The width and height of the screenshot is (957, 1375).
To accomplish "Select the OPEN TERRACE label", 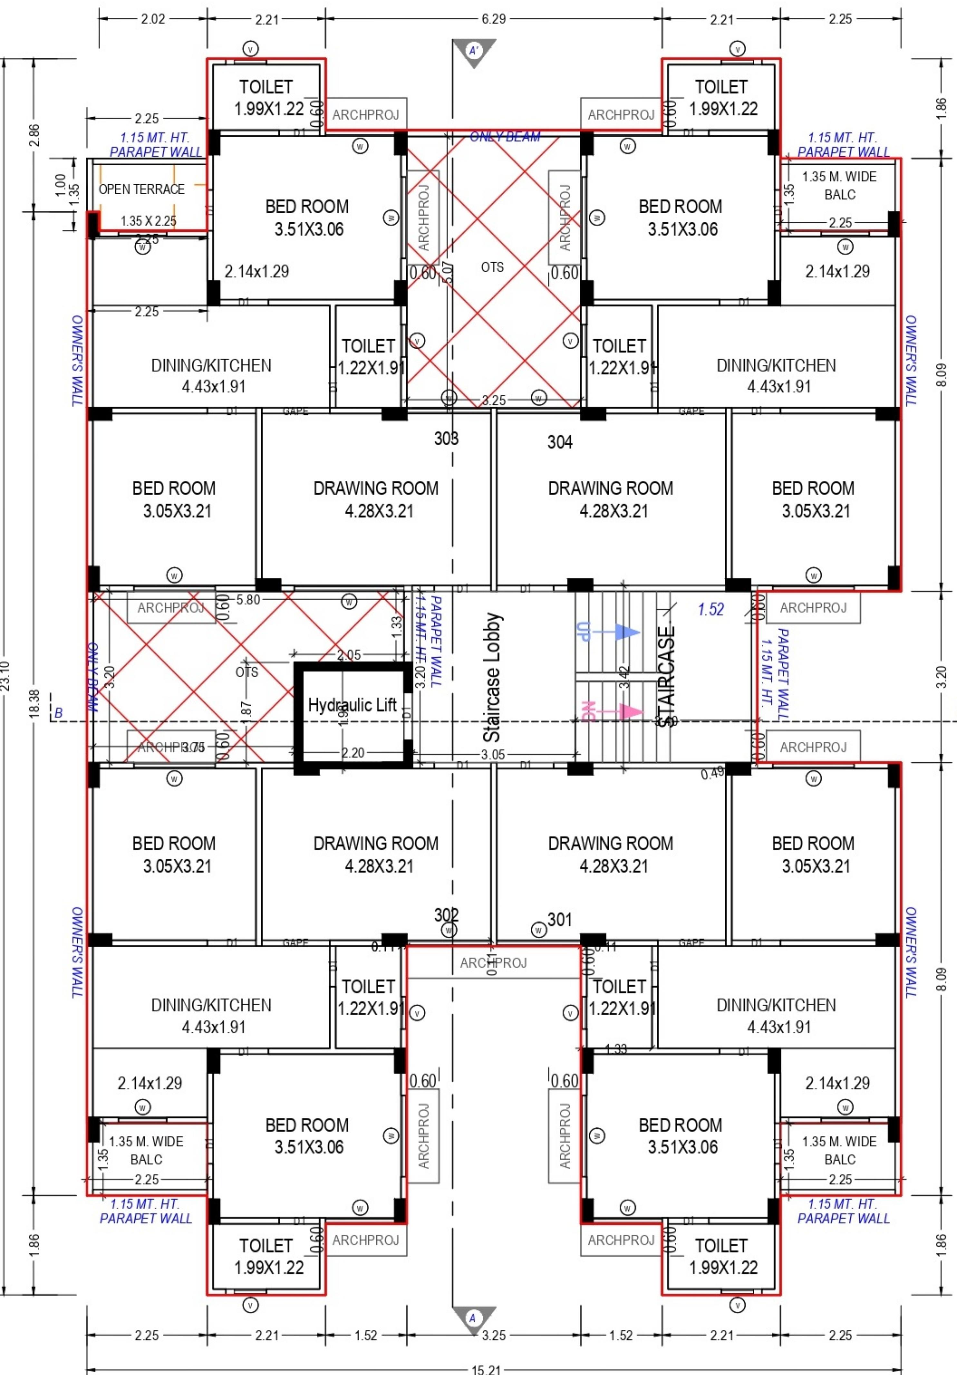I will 141,189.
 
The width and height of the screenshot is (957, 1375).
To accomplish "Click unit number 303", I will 446,438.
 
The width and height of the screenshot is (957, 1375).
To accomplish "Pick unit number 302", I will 446,915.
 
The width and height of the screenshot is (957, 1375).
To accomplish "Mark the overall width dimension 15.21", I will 486,1369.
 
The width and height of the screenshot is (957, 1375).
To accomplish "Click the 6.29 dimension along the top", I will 493,19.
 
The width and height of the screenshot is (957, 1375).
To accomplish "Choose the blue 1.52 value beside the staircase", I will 711,610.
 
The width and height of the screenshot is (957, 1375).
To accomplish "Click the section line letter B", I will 58,713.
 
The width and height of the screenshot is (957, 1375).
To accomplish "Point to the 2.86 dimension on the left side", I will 34,135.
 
